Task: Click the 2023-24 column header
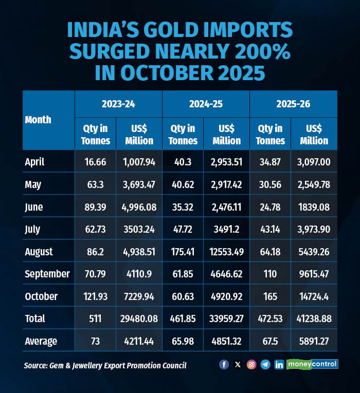[118, 104]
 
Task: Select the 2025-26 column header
[293, 104]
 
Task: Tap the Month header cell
[38, 120]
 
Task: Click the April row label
[35, 162]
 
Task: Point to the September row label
[47, 274]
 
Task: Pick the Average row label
[41, 341]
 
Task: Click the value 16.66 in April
[96, 162]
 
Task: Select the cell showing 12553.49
[226, 252]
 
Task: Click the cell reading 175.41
[183, 252]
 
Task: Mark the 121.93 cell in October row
[96, 296]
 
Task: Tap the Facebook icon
[224, 364]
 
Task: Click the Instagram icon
[251, 364]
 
